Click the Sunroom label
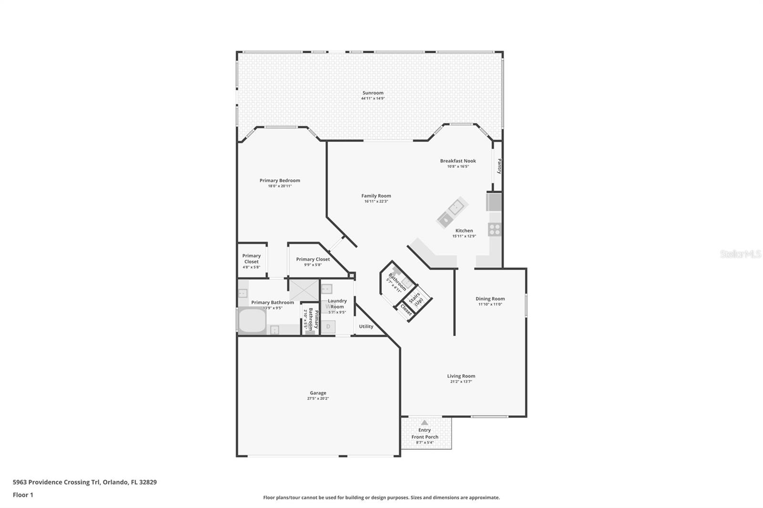tap(372, 93)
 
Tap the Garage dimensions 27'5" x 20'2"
tap(318, 398)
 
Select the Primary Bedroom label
tap(279, 180)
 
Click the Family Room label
tap(376, 195)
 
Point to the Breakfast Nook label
tap(458, 161)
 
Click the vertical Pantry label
tap(499, 166)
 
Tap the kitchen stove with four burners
tap(495, 230)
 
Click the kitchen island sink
tap(455, 207)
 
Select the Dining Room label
tap(490, 299)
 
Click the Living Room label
tap(461, 376)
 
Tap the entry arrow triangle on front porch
tap(424, 422)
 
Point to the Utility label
tap(366, 326)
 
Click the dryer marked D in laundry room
tap(328, 326)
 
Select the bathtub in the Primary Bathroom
tap(251, 320)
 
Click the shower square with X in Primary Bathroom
tap(304, 290)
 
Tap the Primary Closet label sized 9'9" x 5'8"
tap(313, 259)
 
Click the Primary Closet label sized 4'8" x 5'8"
tap(251, 258)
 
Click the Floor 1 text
tap(23, 495)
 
